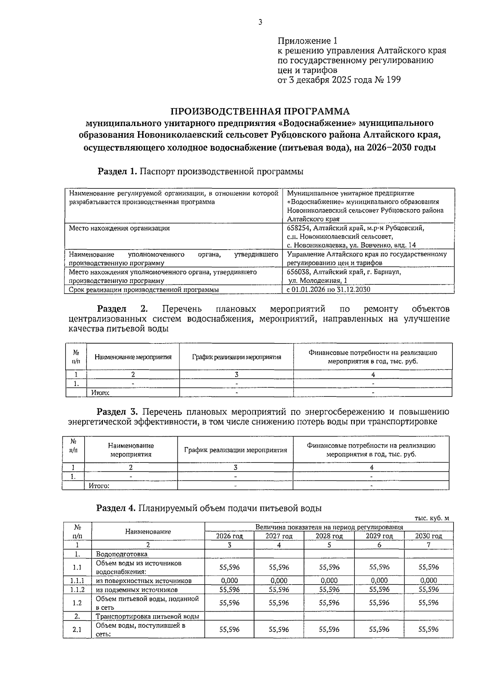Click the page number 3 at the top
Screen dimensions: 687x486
(x=260, y=22)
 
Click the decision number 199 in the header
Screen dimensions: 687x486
(x=393, y=80)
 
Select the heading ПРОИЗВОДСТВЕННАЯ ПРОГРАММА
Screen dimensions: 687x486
(x=260, y=111)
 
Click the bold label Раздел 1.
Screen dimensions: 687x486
(x=117, y=171)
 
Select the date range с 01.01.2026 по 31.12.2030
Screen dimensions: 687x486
(x=328, y=290)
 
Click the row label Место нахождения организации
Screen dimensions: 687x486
(x=119, y=228)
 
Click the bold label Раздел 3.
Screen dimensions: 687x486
(x=117, y=412)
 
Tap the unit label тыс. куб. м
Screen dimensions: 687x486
(x=432, y=518)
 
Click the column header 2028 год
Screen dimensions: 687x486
(x=329, y=536)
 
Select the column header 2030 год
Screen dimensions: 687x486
(x=428, y=536)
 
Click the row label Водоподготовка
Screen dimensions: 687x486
(x=122, y=554)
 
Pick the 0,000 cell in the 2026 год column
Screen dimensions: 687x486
(x=229, y=580)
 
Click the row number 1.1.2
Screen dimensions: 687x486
(x=77, y=589)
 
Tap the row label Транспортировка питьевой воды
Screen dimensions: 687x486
(x=147, y=617)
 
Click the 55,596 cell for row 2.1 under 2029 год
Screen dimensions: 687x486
(x=379, y=629)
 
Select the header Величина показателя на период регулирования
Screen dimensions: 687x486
(x=329, y=527)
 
